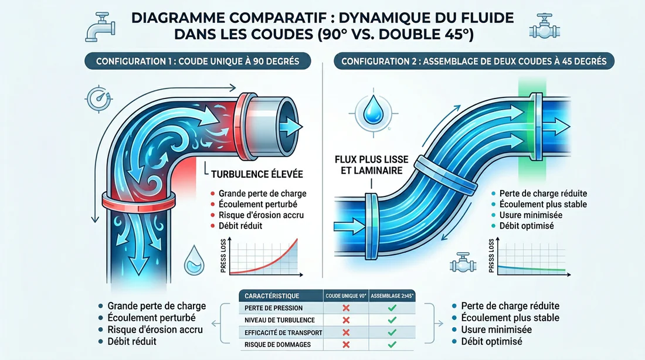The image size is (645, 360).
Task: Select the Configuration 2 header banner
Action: [x=474, y=61]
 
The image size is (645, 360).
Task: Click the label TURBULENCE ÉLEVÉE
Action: [x=256, y=174]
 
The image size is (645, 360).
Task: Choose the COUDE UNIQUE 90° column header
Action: [x=346, y=296]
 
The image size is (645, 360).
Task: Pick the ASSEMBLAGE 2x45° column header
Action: [x=392, y=296]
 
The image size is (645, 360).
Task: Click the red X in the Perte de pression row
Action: [x=346, y=308]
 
